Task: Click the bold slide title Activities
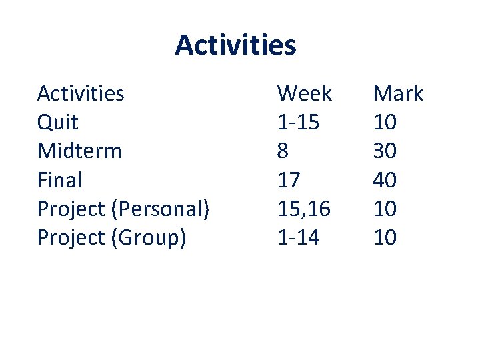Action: (x=235, y=45)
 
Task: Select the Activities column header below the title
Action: (x=81, y=93)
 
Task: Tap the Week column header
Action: (x=304, y=93)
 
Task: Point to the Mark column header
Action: (x=398, y=93)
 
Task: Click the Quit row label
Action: (x=57, y=123)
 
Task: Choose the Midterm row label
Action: (x=79, y=151)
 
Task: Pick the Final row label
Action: (x=59, y=180)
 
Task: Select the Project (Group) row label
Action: (x=111, y=238)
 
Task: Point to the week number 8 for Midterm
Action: (x=283, y=151)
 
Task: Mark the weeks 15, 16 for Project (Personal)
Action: (x=303, y=209)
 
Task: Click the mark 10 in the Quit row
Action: (x=385, y=123)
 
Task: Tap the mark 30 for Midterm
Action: (x=385, y=151)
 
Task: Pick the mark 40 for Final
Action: (x=385, y=180)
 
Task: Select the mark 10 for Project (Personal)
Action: (x=385, y=209)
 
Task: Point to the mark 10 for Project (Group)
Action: (x=385, y=238)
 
